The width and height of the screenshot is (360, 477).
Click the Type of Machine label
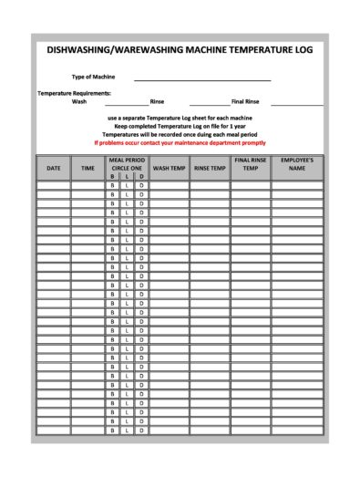tap(94, 78)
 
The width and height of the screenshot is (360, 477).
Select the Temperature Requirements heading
tap(74, 93)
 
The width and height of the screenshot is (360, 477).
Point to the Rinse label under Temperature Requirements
tap(157, 102)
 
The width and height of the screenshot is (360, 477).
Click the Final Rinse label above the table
tap(246, 102)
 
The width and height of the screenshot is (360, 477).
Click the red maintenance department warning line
tap(180, 142)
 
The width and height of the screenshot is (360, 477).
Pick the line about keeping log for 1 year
tap(180, 126)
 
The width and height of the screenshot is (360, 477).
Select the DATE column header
tap(54, 168)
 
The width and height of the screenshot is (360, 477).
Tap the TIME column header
tap(87, 168)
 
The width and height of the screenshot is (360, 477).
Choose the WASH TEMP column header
tap(170, 168)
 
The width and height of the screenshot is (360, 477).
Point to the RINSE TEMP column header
tap(210, 168)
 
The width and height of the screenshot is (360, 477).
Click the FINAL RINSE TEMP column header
tap(250, 164)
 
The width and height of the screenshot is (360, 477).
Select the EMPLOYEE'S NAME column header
tap(297, 164)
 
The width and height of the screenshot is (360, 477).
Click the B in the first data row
tap(113, 185)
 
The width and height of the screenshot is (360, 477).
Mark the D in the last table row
tap(142, 431)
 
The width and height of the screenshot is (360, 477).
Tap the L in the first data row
tap(128, 185)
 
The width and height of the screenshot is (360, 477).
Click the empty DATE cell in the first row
tap(54, 185)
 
